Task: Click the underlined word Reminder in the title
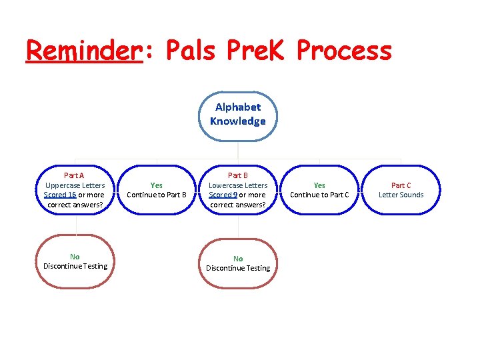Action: point(84,50)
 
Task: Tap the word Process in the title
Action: point(344,50)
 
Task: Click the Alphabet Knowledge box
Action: point(237,114)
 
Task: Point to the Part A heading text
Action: point(75,175)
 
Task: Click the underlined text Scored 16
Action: point(59,195)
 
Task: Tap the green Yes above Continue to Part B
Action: point(157,185)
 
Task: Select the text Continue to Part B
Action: point(157,195)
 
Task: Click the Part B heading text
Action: point(238,175)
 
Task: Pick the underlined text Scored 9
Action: point(223,195)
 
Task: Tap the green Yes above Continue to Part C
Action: point(319,185)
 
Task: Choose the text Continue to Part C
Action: point(319,195)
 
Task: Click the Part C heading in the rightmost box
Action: point(401,185)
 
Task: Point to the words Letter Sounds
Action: point(401,195)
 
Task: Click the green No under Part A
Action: point(75,257)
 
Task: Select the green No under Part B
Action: point(238,259)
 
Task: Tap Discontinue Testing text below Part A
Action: point(75,266)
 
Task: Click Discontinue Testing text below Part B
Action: point(238,268)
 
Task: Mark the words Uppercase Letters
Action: point(75,185)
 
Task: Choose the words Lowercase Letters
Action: point(238,185)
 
